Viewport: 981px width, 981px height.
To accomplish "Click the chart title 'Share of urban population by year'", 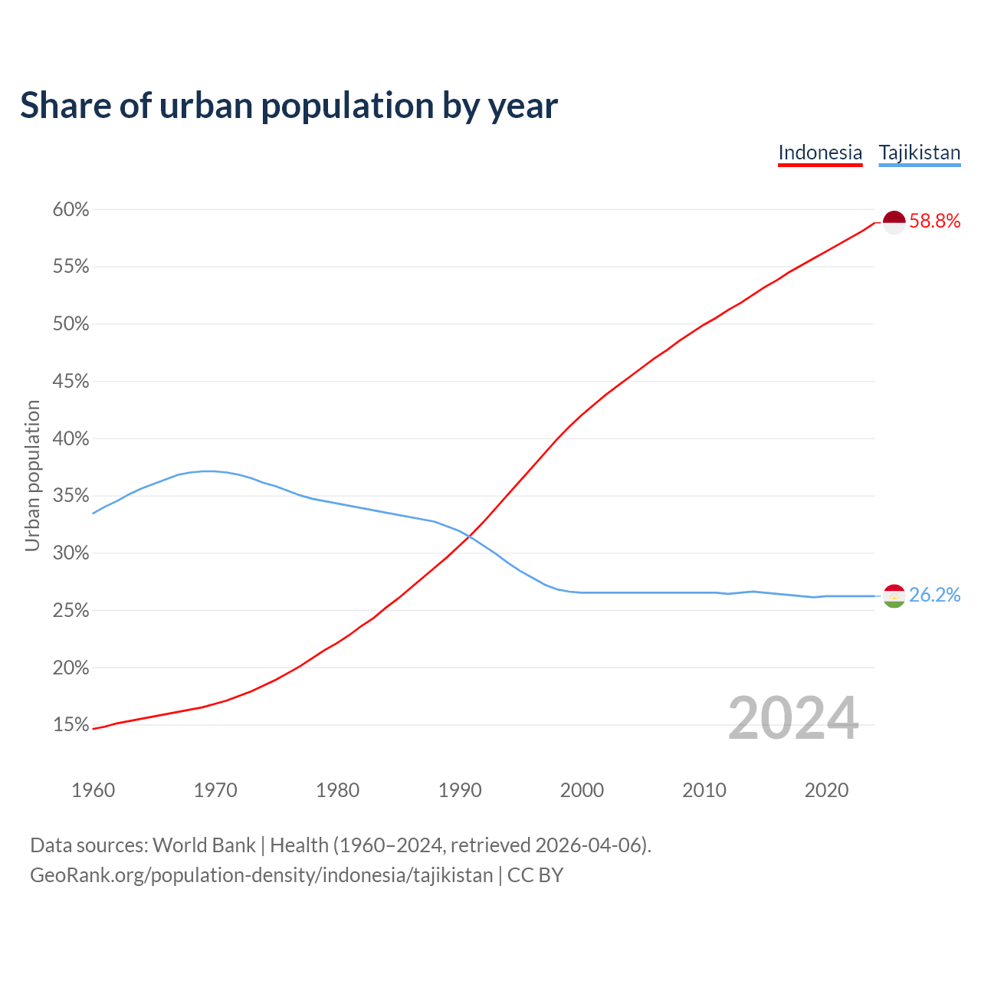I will click(289, 106).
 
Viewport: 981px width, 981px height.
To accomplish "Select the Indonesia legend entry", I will click(820, 153).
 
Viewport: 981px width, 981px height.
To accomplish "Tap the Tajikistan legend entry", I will click(919, 153).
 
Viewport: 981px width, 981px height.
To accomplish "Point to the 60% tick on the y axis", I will click(71, 210).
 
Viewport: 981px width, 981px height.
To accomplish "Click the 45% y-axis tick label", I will click(71, 382).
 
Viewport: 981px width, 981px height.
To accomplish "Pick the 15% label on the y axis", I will click(71, 725).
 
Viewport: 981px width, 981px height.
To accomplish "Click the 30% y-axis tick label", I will click(71, 553).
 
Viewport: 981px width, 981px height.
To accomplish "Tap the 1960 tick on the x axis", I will click(93, 790).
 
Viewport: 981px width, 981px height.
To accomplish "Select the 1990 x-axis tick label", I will click(460, 790).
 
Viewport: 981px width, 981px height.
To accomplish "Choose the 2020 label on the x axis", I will click(826, 790).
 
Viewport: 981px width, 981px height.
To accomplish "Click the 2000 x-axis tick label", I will click(582, 790).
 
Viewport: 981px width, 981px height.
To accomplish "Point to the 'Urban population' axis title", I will click(32, 475).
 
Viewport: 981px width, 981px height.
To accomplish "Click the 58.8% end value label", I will click(934, 221).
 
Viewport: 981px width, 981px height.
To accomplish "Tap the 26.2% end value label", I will click(934, 595).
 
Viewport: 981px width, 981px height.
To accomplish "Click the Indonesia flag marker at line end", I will click(894, 222).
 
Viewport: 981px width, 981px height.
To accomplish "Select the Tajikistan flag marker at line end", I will click(894, 595).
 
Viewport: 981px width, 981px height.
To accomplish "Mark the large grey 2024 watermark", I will click(793, 719).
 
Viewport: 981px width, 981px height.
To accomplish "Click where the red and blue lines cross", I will click(468, 536).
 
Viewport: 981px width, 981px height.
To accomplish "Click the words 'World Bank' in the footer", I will click(204, 845).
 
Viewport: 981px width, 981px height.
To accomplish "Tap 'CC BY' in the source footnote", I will click(535, 875).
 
